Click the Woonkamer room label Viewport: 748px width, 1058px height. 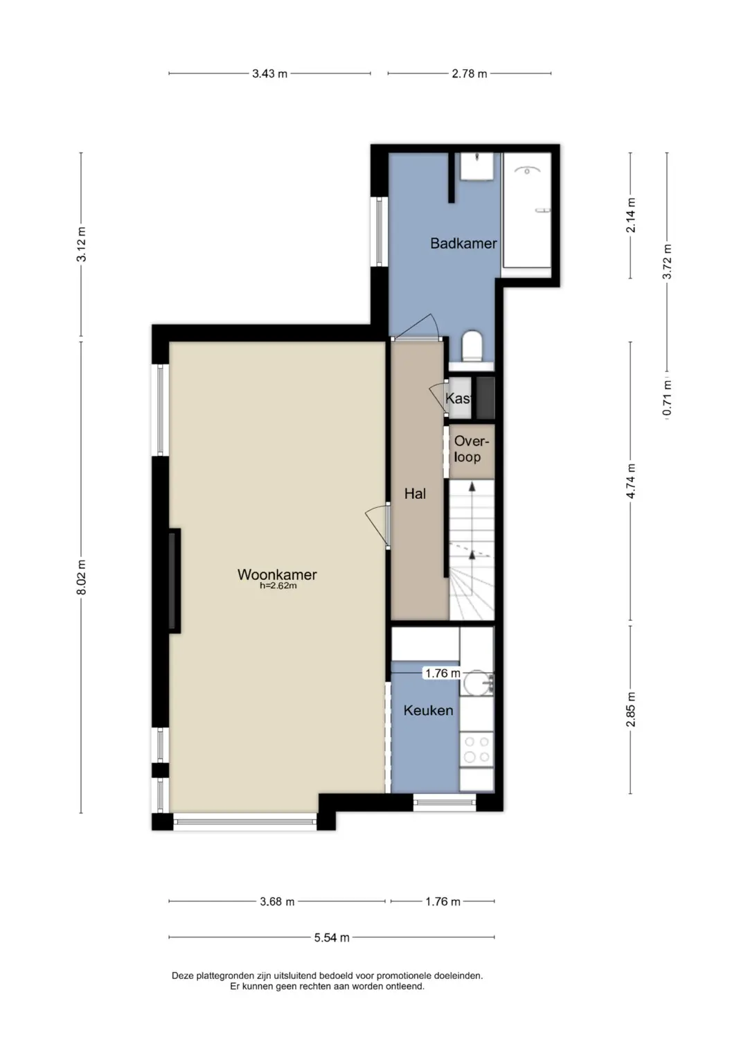click(277, 574)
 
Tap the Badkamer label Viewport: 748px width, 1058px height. click(463, 243)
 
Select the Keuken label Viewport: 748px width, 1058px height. click(428, 710)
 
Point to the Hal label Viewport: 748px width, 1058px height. click(415, 493)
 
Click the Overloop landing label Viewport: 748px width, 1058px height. click(470, 449)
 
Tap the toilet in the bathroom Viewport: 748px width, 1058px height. click(472, 345)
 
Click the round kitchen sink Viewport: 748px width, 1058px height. click(477, 682)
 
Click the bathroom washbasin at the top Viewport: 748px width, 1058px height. click(477, 166)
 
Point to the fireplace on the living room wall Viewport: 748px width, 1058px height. click(175, 581)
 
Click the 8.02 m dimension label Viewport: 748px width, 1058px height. click(81, 576)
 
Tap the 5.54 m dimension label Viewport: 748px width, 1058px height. click(332, 937)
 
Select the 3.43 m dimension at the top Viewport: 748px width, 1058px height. click(269, 73)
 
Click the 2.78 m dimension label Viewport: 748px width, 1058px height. click(470, 73)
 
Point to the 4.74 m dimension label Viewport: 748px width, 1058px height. click(631, 481)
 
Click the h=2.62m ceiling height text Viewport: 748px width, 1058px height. click(278, 586)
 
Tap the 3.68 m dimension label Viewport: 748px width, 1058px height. click(277, 901)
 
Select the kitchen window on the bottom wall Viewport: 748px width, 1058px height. click(445, 800)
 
